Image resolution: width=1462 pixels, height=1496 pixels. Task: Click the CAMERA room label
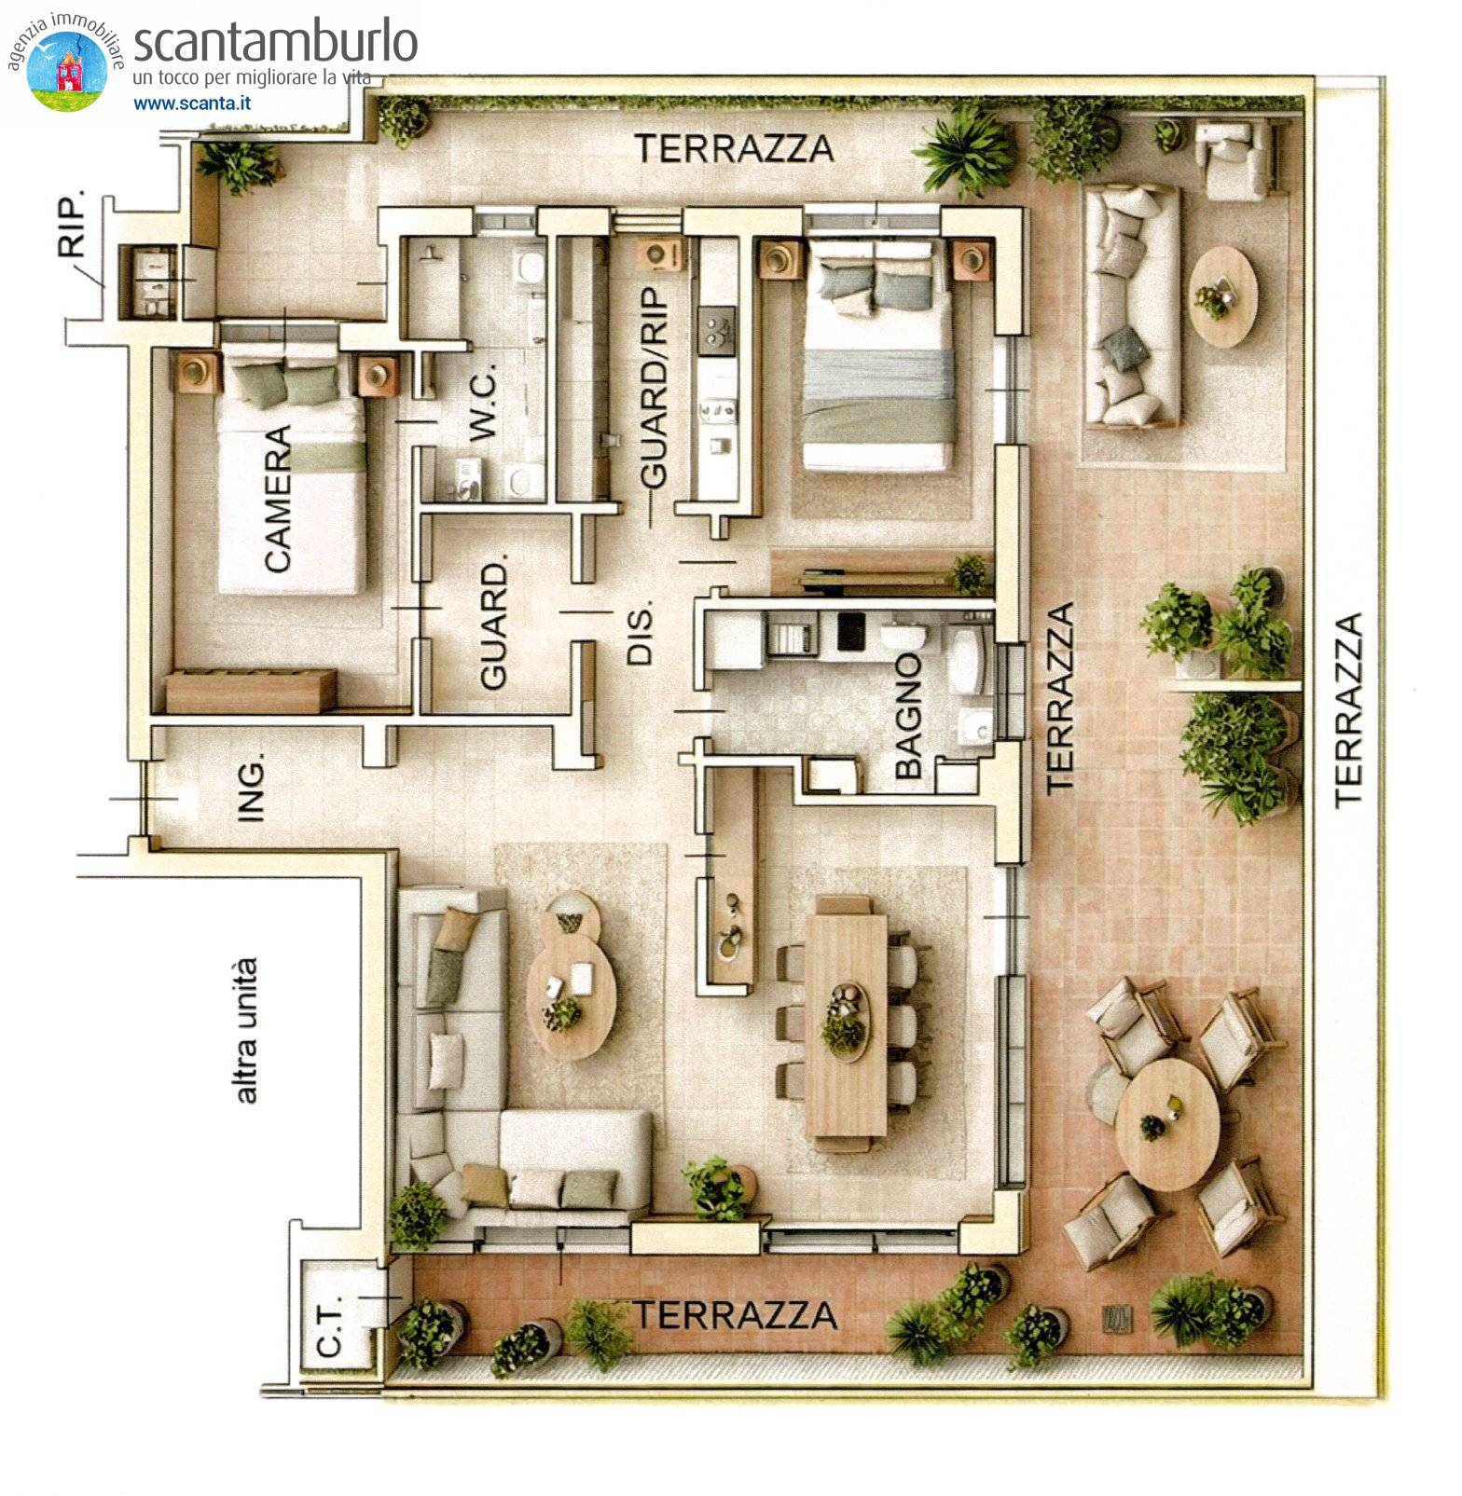pos(278,499)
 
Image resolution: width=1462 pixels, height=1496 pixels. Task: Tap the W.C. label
pos(483,403)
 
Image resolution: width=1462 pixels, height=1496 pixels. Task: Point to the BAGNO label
pos(907,715)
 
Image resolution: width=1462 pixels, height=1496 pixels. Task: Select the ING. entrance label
pos(252,788)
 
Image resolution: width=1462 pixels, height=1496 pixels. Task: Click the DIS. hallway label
pos(641,634)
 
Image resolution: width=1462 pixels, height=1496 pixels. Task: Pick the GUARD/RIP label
pos(655,387)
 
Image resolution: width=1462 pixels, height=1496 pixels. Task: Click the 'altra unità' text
pos(245,1030)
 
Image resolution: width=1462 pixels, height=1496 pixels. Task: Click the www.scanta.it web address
pos(192,103)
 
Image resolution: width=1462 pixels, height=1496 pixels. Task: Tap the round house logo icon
pos(67,71)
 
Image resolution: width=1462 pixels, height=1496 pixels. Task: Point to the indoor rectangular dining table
pos(847,1022)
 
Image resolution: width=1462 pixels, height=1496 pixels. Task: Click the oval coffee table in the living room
pos(571,995)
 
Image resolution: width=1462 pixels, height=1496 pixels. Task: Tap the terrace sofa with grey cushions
pos(1131,306)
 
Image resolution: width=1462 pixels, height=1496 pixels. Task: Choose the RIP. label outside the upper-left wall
pos(72,224)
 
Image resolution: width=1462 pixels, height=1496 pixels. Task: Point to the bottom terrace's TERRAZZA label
pos(736,1315)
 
